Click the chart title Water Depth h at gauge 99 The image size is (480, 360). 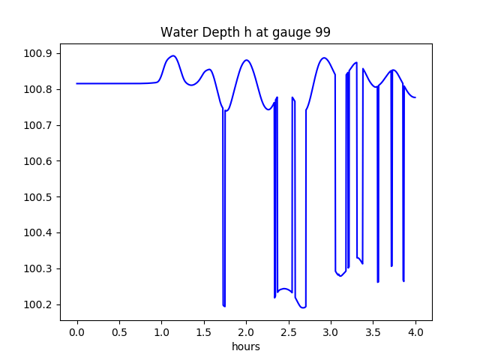coord(245,33)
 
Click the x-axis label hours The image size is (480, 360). coord(245,347)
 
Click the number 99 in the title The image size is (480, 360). coord(322,33)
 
